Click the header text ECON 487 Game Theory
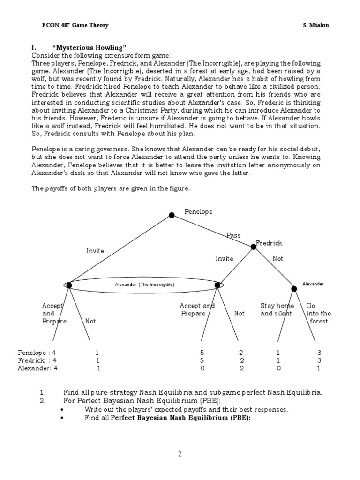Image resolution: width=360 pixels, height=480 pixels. click(x=75, y=25)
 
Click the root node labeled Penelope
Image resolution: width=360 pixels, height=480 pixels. click(x=172, y=215)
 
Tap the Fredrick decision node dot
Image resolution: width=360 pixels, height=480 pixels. click(x=254, y=247)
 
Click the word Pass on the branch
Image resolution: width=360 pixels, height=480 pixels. click(x=233, y=235)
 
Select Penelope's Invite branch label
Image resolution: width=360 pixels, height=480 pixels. click(x=95, y=251)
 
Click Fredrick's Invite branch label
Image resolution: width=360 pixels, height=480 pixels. click(x=225, y=258)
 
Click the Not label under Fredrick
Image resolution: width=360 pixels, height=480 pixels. click(x=278, y=258)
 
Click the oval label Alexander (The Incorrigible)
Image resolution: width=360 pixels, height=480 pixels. click(x=144, y=285)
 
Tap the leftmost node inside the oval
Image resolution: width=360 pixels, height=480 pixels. click(x=69, y=285)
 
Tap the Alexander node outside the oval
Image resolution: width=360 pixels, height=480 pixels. click(x=294, y=288)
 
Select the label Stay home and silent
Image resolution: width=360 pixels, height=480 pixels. click(x=277, y=310)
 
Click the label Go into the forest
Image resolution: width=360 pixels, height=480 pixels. click(x=318, y=313)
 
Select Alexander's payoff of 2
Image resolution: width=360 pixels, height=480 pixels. click(x=241, y=368)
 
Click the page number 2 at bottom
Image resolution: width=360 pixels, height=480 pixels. click(x=179, y=453)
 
